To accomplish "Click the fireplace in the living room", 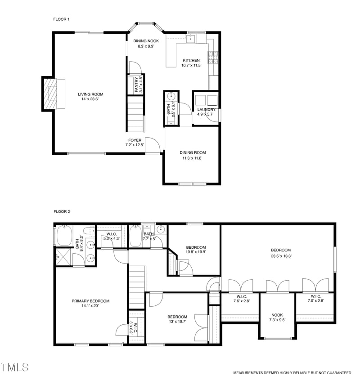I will (x=54, y=94).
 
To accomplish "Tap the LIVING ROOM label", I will (x=90, y=94).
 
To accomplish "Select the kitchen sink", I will (x=191, y=39).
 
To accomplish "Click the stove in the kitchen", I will (x=213, y=57).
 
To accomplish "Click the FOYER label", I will (x=134, y=140).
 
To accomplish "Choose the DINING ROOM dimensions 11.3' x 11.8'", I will (x=193, y=158).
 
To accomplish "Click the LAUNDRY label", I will (x=206, y=109).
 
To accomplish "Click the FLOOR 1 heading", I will (x=62, y=19).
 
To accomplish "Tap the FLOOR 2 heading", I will (x=62, y=211).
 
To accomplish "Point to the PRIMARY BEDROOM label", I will (x=90, y=301).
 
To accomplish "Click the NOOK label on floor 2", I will (x=277, y=315).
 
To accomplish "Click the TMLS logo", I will (x=14, y=367).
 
